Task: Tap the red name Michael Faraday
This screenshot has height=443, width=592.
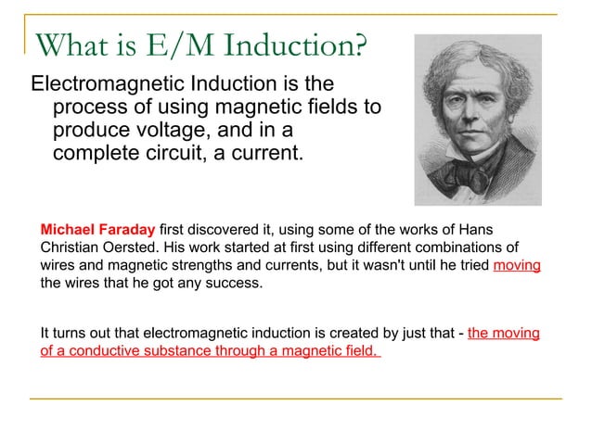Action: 98,229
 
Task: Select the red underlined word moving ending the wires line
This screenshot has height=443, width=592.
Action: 517,266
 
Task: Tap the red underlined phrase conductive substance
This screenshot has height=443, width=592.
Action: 163,351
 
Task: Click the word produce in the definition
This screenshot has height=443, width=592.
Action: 89,130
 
